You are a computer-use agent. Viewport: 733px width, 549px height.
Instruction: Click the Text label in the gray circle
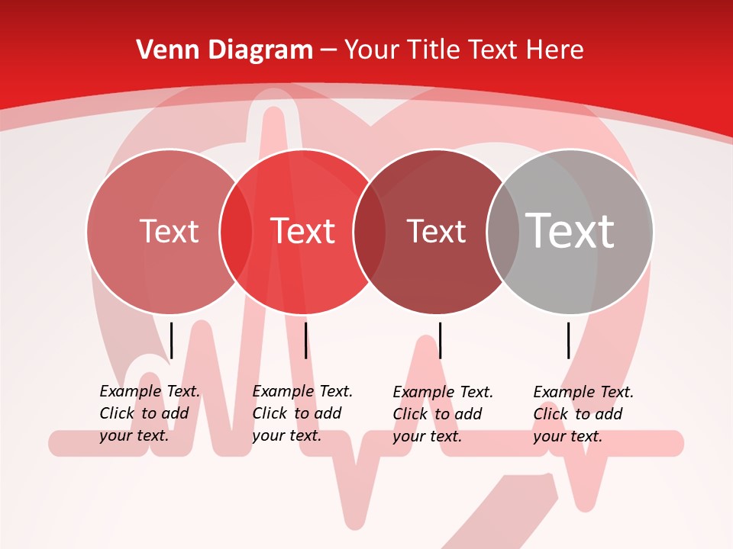pyautogui.click(x=570, y=231)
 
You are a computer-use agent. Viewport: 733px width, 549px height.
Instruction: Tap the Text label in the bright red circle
pyautogui.click(x=303, y=231)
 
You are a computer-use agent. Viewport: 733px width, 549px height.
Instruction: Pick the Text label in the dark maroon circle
pyautogui.click(x=436, y=231)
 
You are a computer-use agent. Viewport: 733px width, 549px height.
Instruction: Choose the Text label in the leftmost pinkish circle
pyautogui.click(x=169, y=231)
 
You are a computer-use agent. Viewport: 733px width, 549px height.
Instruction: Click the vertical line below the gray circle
pyautogui.click(x=569, y=340)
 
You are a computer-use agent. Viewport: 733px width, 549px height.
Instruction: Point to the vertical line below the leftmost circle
pyautogui.click(x=172, y=340)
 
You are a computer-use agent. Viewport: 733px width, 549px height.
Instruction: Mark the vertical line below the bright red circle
pyautogui.click(x=306, y=340)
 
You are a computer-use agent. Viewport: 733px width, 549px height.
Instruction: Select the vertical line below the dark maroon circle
pyautogui.click(x=441, y=340)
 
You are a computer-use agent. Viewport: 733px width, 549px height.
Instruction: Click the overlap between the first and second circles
pyautogui.click(x=236, y=231)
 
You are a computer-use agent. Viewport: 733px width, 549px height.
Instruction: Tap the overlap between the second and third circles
pyautogui.click(x=370, y=231)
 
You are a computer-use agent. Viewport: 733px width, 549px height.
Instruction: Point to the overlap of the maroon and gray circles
pyautogui.click(x=503, y=231)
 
